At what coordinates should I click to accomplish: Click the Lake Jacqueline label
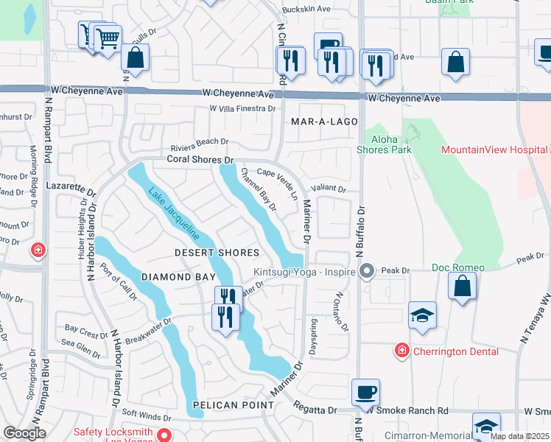174,214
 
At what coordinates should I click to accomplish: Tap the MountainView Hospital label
495,150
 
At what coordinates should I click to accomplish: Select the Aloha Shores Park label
383,144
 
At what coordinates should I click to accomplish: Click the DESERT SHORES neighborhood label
217,253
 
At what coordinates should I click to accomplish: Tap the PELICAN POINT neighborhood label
233,405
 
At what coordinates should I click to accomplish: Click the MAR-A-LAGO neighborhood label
324,122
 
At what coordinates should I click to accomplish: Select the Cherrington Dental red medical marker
401,350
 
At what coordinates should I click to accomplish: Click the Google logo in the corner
25,433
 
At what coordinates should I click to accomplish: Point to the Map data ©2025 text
519,436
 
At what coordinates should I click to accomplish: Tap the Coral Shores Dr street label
200,159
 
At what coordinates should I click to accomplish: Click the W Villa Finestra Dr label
242,108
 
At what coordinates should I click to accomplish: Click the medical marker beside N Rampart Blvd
38,252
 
